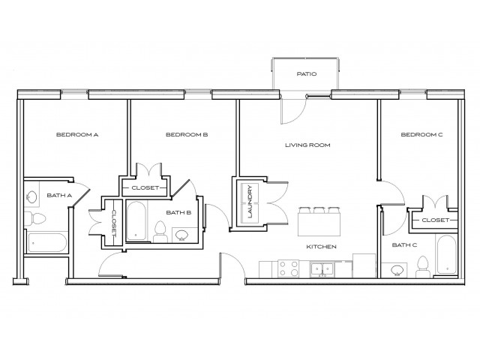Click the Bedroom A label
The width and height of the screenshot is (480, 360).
click(78, 135)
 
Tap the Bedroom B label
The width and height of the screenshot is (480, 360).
click(186, 135)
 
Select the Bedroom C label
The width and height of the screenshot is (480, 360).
click(421, 135)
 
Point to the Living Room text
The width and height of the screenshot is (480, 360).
click(308, 145)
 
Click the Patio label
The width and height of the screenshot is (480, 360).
click(306, 74)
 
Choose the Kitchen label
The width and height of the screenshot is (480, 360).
click(321, 246)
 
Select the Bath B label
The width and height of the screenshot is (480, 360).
click(179, 213)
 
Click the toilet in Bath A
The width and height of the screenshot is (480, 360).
click(35, 218)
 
